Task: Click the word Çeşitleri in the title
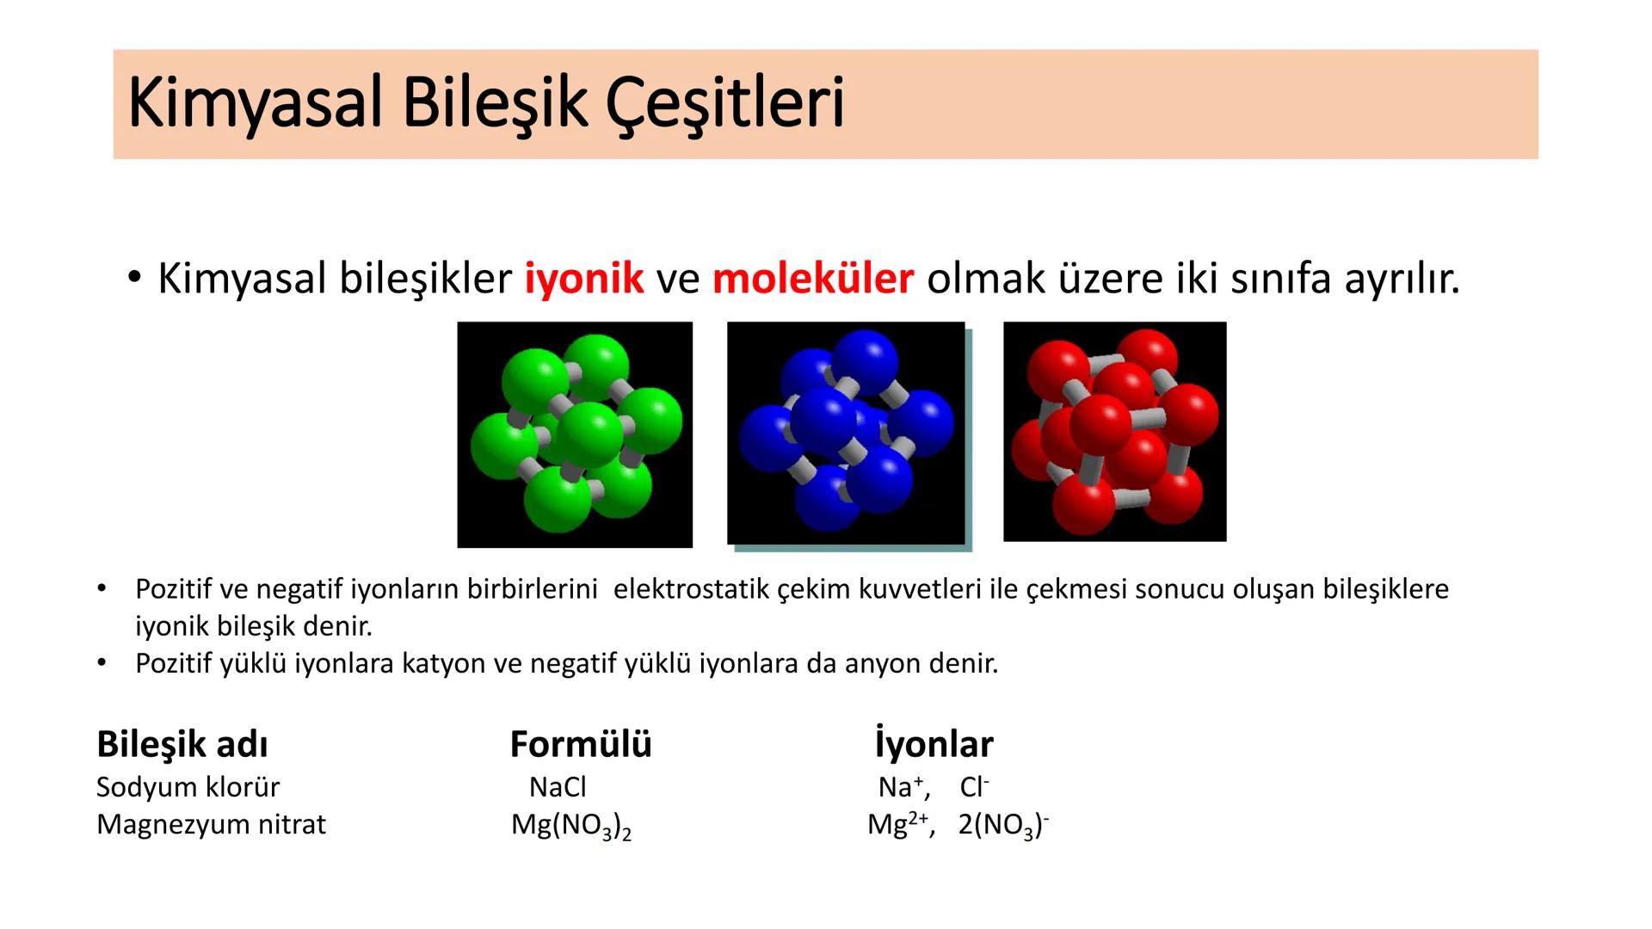tap(725, 103)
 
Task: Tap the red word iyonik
tap(584, 278)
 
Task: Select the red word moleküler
tap(812, 278)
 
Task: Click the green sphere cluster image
tap(575, 434)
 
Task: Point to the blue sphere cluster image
tap(846, 434)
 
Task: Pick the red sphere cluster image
tap(1114, 432)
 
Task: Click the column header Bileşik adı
tap(182, 744)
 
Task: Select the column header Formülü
tap(581, 744)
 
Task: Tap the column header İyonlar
tap(934, 744)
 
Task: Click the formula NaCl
tap(558, 787)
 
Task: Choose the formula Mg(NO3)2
tap(571, 825)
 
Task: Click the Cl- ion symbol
tap(974, 787)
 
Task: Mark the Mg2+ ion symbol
tap(897, 824)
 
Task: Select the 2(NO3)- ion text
tap(1003, 825)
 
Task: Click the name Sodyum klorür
tap(188, 787)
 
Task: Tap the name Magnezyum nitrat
tap(211, 824)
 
